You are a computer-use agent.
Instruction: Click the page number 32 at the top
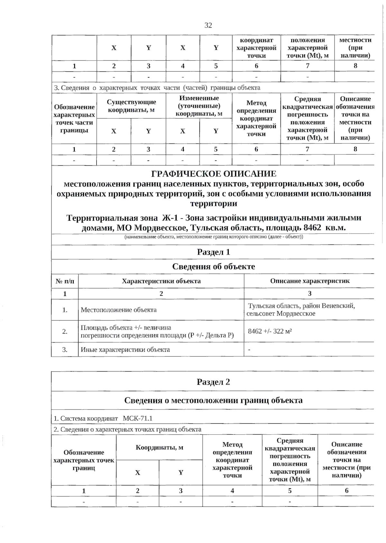(208, 25)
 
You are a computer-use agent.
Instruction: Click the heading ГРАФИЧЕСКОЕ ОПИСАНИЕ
(214, 174)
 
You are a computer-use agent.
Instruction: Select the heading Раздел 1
(214, 252)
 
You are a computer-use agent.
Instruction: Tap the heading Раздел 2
(214, 382)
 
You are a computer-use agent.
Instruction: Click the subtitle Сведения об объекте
(214, 266)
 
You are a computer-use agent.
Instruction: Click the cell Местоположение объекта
(119, 310)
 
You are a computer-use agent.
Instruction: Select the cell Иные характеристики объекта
(125, 350)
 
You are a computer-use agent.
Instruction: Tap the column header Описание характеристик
(309, 281)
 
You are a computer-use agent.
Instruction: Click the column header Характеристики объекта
(161, 281)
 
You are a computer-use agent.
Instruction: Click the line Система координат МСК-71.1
(103, 419)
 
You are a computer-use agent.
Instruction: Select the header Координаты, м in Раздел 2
(159, 447)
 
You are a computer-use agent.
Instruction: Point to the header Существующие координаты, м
(131, 106)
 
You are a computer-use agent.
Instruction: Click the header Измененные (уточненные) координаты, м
(199, 106)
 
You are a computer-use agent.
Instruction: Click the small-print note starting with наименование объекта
(214, 237)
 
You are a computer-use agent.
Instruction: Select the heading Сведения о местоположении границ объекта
(214, 400)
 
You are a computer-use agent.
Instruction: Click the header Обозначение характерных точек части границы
(74, 118)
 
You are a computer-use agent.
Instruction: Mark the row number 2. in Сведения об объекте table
(65, 331)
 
